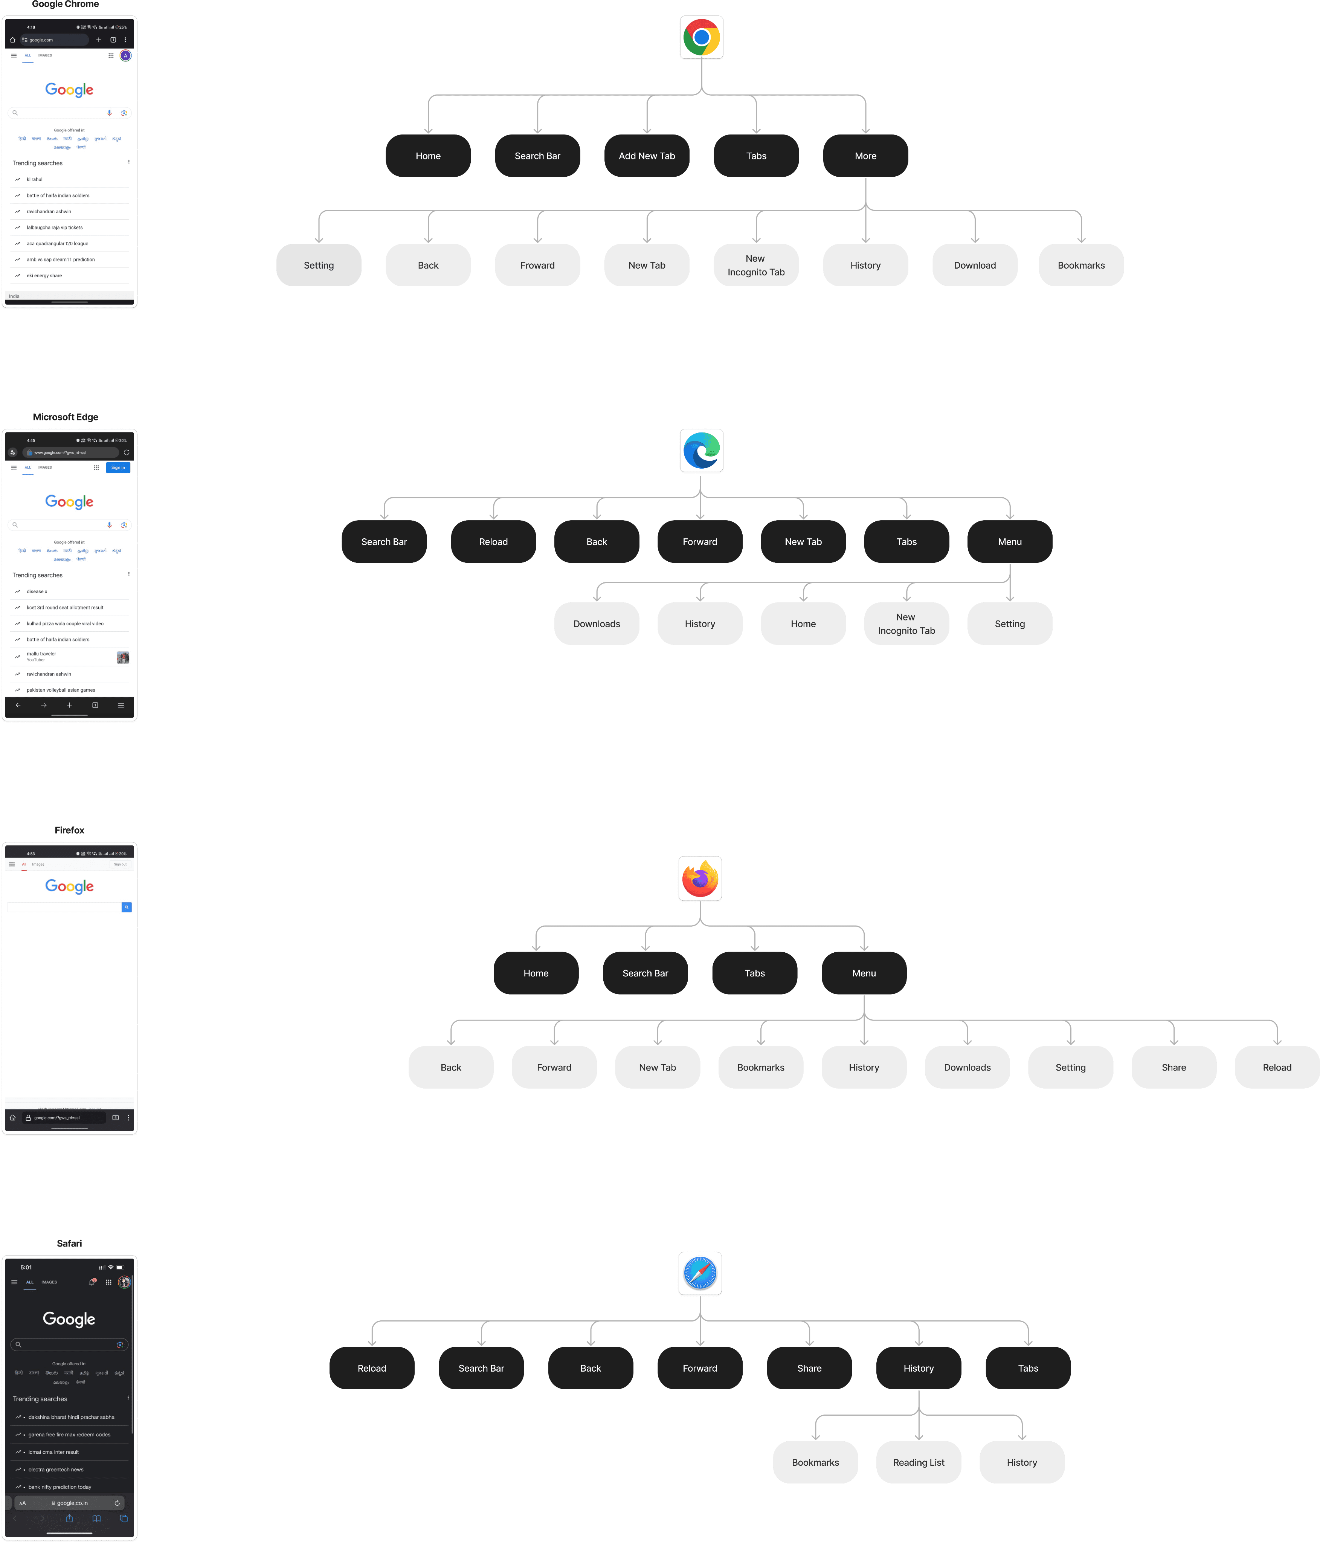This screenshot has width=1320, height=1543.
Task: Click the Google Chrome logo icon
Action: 701,37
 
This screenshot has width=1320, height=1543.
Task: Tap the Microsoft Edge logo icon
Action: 701,451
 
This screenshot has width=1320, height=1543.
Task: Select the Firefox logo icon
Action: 700,879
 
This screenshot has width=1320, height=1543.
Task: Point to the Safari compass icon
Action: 700,1273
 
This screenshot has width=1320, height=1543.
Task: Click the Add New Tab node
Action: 646,156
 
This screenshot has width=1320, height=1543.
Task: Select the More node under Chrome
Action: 865,156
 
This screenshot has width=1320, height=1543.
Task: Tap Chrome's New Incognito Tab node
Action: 756,265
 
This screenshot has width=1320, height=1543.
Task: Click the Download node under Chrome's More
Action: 975,265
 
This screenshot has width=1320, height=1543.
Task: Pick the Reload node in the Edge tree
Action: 493,541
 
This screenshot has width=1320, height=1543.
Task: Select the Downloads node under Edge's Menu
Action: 596,623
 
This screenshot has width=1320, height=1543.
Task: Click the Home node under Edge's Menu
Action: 803,623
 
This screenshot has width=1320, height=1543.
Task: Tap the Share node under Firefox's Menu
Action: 1174,1067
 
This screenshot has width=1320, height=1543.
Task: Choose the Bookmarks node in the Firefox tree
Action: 760,1067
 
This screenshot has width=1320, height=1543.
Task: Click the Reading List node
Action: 918,1462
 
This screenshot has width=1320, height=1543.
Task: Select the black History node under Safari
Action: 918,1368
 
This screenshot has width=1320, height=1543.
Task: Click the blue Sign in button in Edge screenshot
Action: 118,467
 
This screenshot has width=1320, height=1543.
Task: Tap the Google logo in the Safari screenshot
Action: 69,1319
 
